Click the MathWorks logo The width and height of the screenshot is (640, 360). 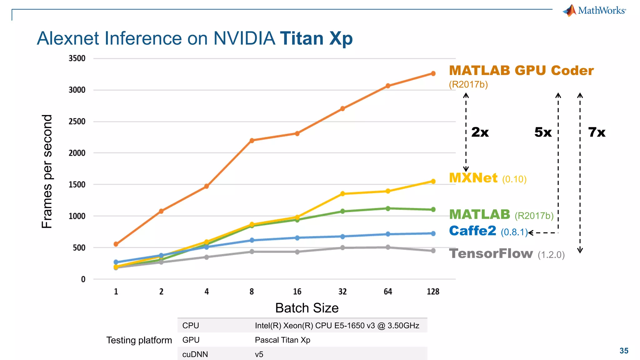click(x=594, y=11)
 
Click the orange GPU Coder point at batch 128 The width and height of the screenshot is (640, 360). click(x=433, y=73)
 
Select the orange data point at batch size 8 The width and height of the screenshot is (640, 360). click(x=252, y=140)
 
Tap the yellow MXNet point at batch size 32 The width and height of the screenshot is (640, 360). click(x=342, y=194)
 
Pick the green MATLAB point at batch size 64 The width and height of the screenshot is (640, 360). click(x=388, y=208)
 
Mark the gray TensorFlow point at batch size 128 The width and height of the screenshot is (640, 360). click(x=433, y=251)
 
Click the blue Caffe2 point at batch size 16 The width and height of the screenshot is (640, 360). click(x=297, y=238)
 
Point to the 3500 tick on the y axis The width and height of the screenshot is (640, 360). click(x=77, y=58)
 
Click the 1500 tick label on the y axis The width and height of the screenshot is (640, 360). click(x=77, y=185)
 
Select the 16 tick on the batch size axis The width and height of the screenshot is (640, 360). click(x=297, y=292)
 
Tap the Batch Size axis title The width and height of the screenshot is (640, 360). click(x=307, y=308)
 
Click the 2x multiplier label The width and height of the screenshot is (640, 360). click(x=480, y=132)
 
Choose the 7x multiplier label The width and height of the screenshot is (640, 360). click(x=597, y=132)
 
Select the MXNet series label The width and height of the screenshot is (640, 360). click(x=473, y=178)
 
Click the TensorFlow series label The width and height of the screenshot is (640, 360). click(x=491, y=253)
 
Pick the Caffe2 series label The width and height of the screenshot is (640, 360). click(x=472, y=231)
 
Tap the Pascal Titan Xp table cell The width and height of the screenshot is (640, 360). click(x=282, y=340)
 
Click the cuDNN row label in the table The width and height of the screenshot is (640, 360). click(x=195, y=354)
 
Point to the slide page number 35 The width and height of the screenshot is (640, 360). click(x=624, y=351)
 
